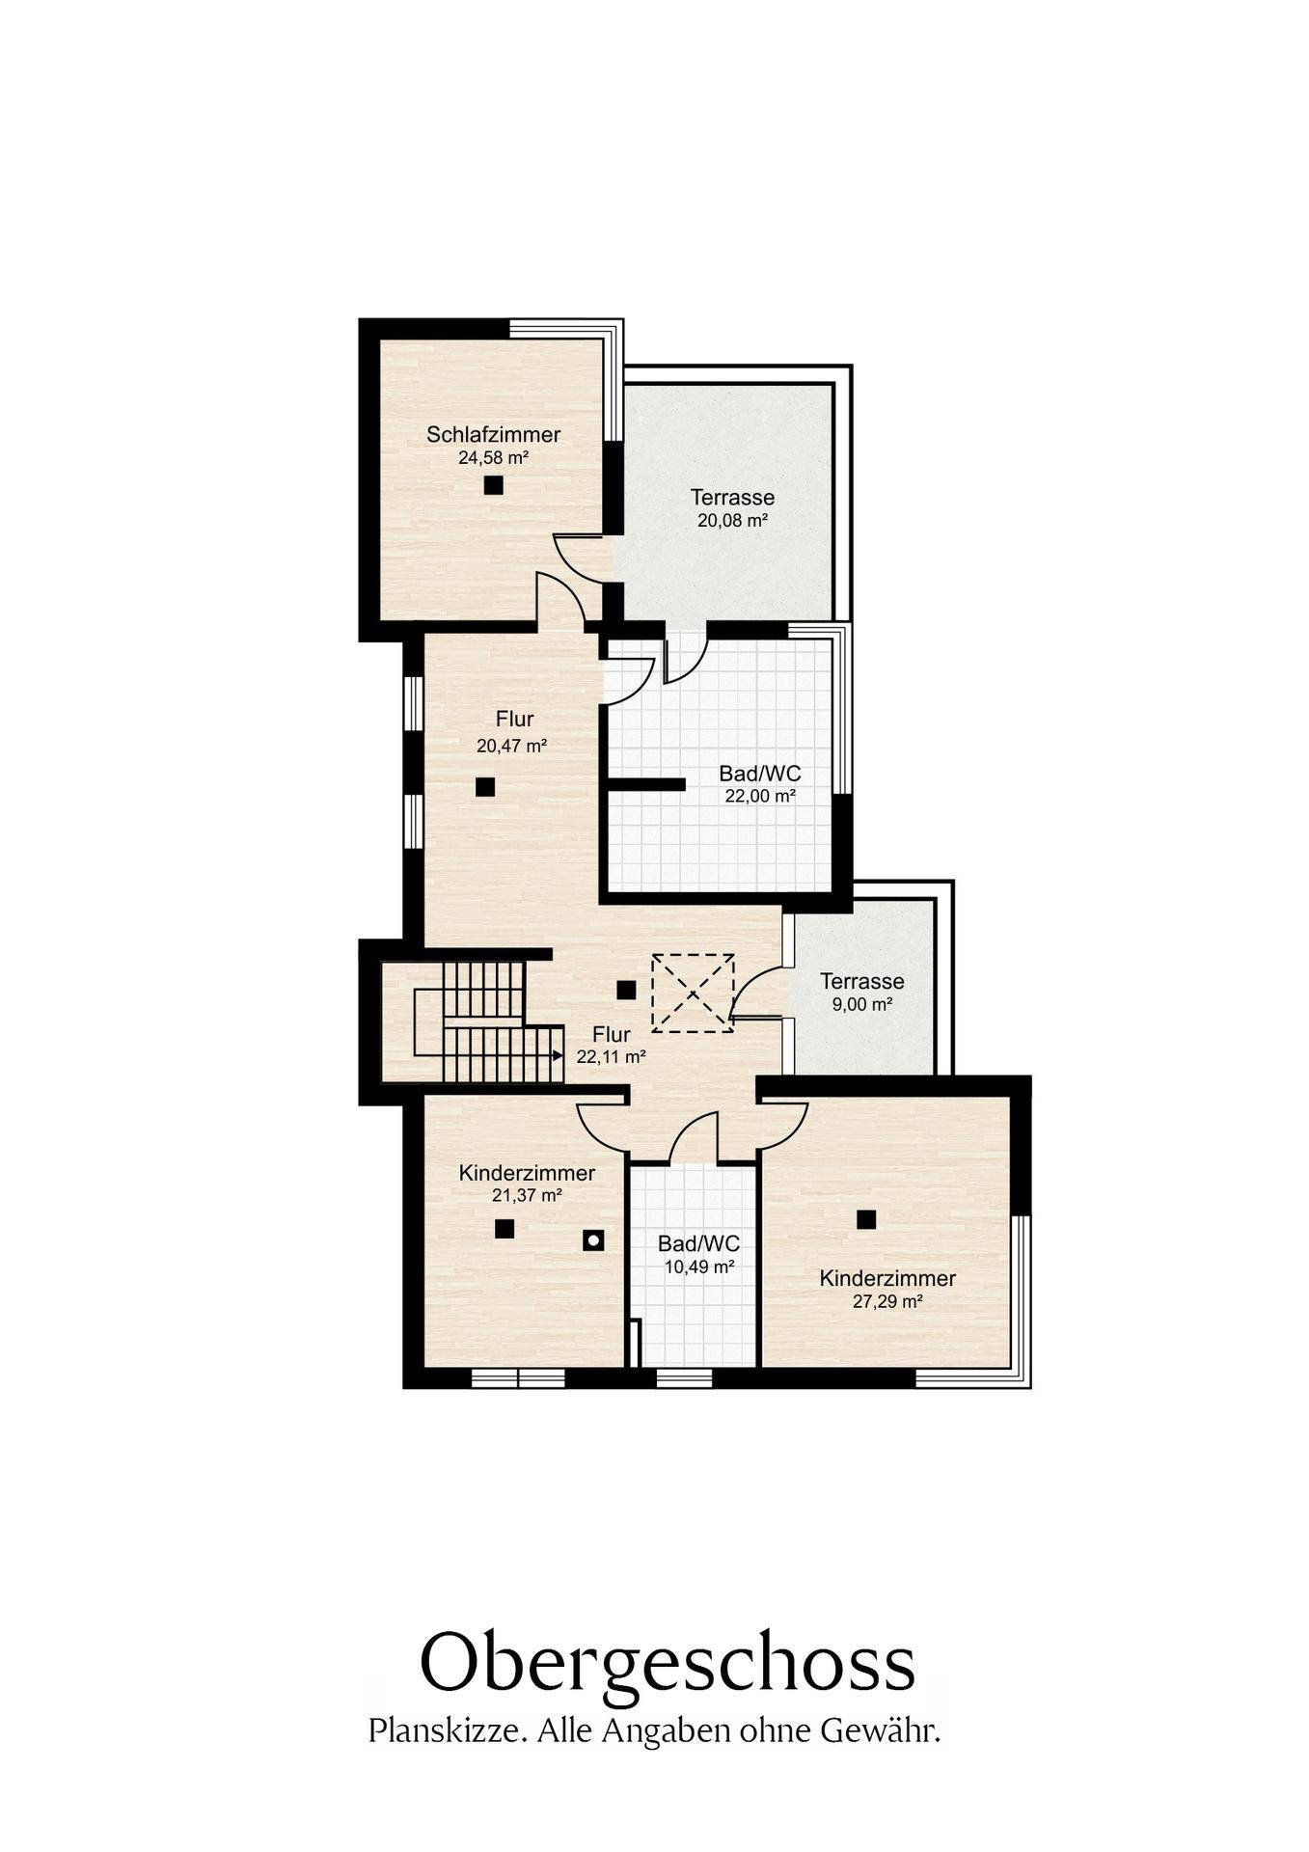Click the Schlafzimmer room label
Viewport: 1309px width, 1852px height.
tap(493, 435)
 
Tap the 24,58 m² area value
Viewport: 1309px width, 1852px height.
tap(493, 457)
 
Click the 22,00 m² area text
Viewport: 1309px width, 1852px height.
tap(760, 796)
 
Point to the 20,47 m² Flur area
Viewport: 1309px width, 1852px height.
tap(511, 745)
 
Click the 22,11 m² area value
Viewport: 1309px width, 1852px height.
tap(611, 1056)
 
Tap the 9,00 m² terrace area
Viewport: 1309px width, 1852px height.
tap(862, 1004)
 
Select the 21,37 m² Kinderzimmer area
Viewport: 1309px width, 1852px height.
tap(527, 1195)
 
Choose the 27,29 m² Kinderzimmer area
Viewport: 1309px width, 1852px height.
tap(887, 1301)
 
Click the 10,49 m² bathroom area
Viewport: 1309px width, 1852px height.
tap(699, 1266)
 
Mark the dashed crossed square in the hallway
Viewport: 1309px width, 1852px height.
tap(693, 993)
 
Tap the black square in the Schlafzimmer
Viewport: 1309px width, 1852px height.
tap(494, 485)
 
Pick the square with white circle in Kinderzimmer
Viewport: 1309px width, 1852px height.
tap(593, 1240)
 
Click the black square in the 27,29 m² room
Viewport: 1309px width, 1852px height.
tap(866, 1219)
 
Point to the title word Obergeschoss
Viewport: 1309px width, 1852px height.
tap(667, 1662)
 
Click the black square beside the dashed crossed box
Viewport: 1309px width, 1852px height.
tap(626, 990)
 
